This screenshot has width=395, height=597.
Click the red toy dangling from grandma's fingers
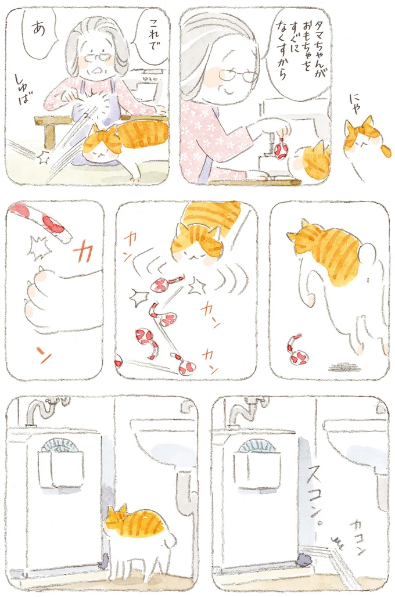click(x=281, y=149)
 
